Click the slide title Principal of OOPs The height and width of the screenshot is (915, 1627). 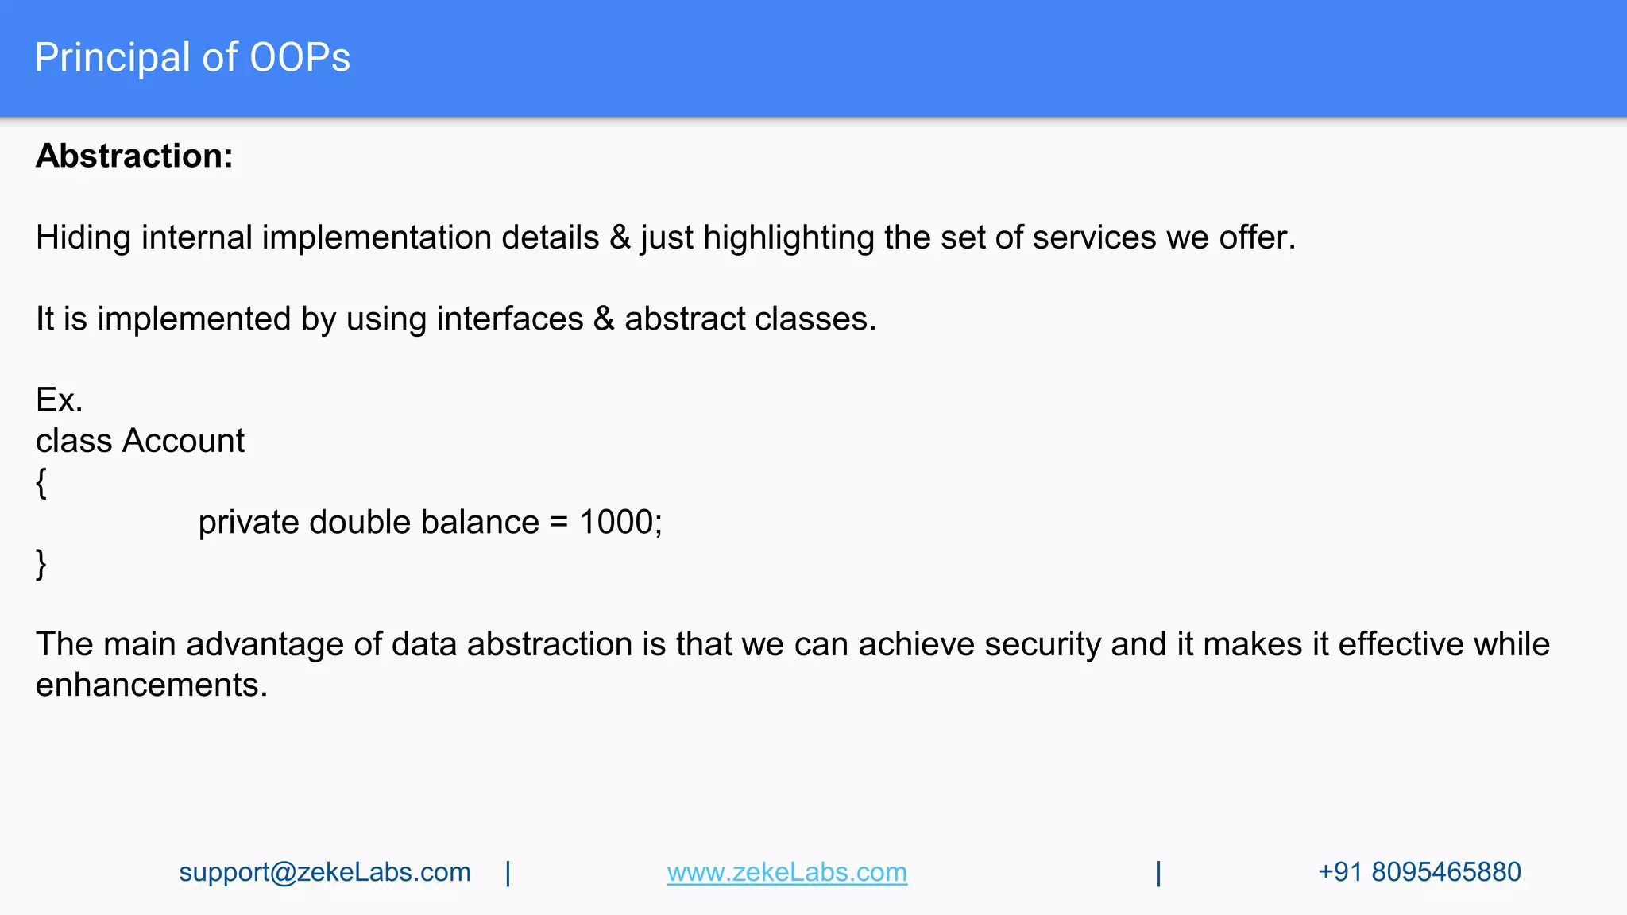click(x=192, y=58)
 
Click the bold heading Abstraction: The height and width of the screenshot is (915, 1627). click(x=134, y=156)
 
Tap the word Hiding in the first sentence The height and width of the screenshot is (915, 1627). click(x=83, y=237)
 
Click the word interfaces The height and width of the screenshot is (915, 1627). click(x=509, y=319)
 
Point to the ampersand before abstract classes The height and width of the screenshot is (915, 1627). click(x=604, y=319)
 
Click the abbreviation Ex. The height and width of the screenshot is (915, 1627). click(x=59, y=400)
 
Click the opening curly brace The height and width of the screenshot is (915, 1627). click(x=41, y=483)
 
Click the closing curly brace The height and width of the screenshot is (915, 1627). click(x=41, y=565)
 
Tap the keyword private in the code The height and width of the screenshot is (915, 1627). click(x=248, y=523)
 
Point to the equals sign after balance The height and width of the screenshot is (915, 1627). click(x=558, y=523)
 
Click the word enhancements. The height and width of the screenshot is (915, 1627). click(x=151, y=685)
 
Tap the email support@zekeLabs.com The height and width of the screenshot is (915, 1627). click(x=324, y=872)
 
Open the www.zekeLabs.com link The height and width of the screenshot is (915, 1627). click(x=786, y=872)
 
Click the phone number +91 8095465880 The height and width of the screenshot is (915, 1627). click(x=1419, y=872)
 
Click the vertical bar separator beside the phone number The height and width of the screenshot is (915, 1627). click(x=1158, y=873)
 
